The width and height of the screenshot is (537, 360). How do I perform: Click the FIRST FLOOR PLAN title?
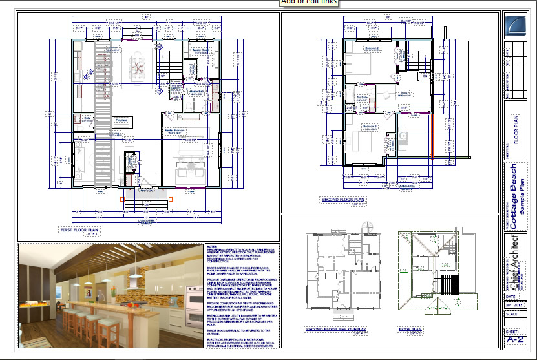tap(79, 229)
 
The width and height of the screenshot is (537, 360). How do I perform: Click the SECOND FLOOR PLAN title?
tap(342, 200)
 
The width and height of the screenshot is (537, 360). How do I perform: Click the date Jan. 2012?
tap(516, 305)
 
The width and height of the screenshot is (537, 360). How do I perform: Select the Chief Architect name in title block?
tap(514, 260)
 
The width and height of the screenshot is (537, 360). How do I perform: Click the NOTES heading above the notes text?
tap(211, 246)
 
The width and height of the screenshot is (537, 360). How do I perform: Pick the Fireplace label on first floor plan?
tap(121, 120)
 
